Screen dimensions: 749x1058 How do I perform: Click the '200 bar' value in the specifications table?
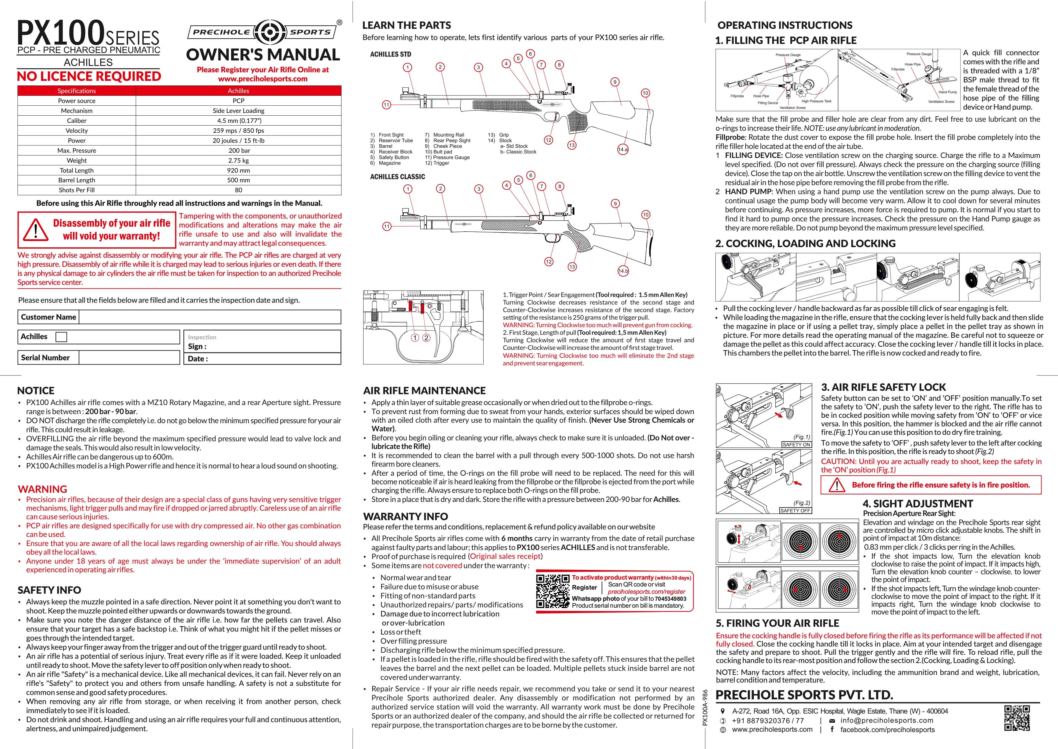pyautogui.click(x=239, y=150)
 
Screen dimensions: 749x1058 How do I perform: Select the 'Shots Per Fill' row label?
pyautogui.click(x=77, y=190)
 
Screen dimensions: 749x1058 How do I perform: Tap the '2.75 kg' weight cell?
pyautogui.click(x=239, y=160)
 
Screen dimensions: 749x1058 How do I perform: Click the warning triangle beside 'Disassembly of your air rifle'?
pyautogui.click(x=36, y=230)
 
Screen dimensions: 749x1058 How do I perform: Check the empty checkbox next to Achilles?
pyautogui.click(x=61, y=337)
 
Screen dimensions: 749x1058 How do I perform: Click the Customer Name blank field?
pyautogui.click(x=210, y=317)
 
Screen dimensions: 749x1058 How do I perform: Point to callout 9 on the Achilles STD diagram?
pyautogui.click(x=615, y=82)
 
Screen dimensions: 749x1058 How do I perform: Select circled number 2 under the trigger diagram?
pyautogui.click(x=426, y=338)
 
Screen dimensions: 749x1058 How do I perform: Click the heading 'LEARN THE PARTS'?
pyautogui.click(x=406, y=25)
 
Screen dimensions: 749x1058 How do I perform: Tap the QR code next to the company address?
pyautogui.click(x=1017, y=718)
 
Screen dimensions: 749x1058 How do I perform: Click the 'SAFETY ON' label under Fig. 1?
pyautogui.click(x=796, y=445)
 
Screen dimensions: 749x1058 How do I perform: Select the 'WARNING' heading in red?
pyautogui.click(x=43, y=489)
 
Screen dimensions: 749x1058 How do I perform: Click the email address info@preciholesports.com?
pyautogui.click(x=887, y=720)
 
